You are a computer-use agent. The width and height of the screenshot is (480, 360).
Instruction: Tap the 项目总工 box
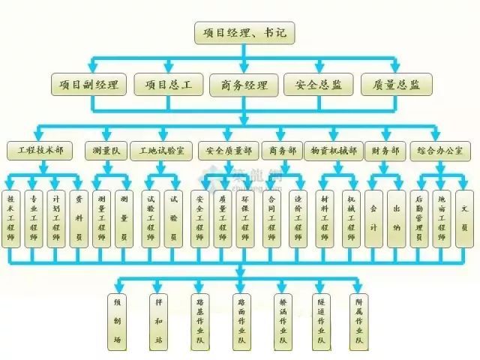click(x=167, y=84)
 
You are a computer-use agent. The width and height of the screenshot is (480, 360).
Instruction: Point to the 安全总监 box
click(x=318, y=84)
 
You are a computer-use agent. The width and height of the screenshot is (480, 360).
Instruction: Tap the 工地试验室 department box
click(x=160, y=151)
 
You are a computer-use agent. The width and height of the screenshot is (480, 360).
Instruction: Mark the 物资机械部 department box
click(x=334, y=151)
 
